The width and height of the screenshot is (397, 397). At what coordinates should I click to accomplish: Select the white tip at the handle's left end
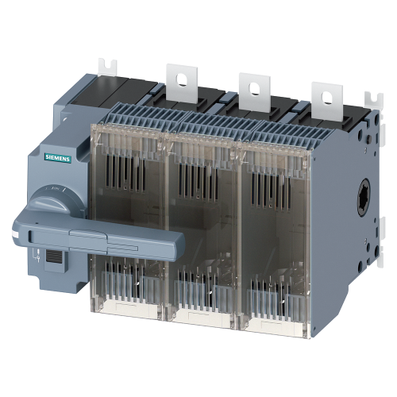point(17,234)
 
